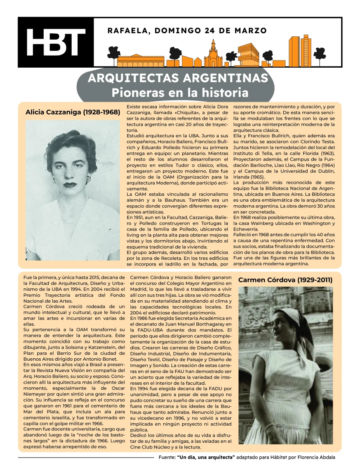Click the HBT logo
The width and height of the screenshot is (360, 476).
56,42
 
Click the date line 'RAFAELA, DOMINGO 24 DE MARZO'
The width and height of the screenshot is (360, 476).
187,30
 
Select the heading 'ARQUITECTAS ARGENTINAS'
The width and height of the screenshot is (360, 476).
178,78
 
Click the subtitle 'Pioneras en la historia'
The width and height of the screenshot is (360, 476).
180,93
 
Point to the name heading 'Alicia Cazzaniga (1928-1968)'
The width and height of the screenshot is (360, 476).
72,112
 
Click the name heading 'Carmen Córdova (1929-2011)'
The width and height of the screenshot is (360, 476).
285,280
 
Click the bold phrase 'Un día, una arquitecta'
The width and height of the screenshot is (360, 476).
206,457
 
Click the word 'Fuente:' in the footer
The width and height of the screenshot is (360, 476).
167,457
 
